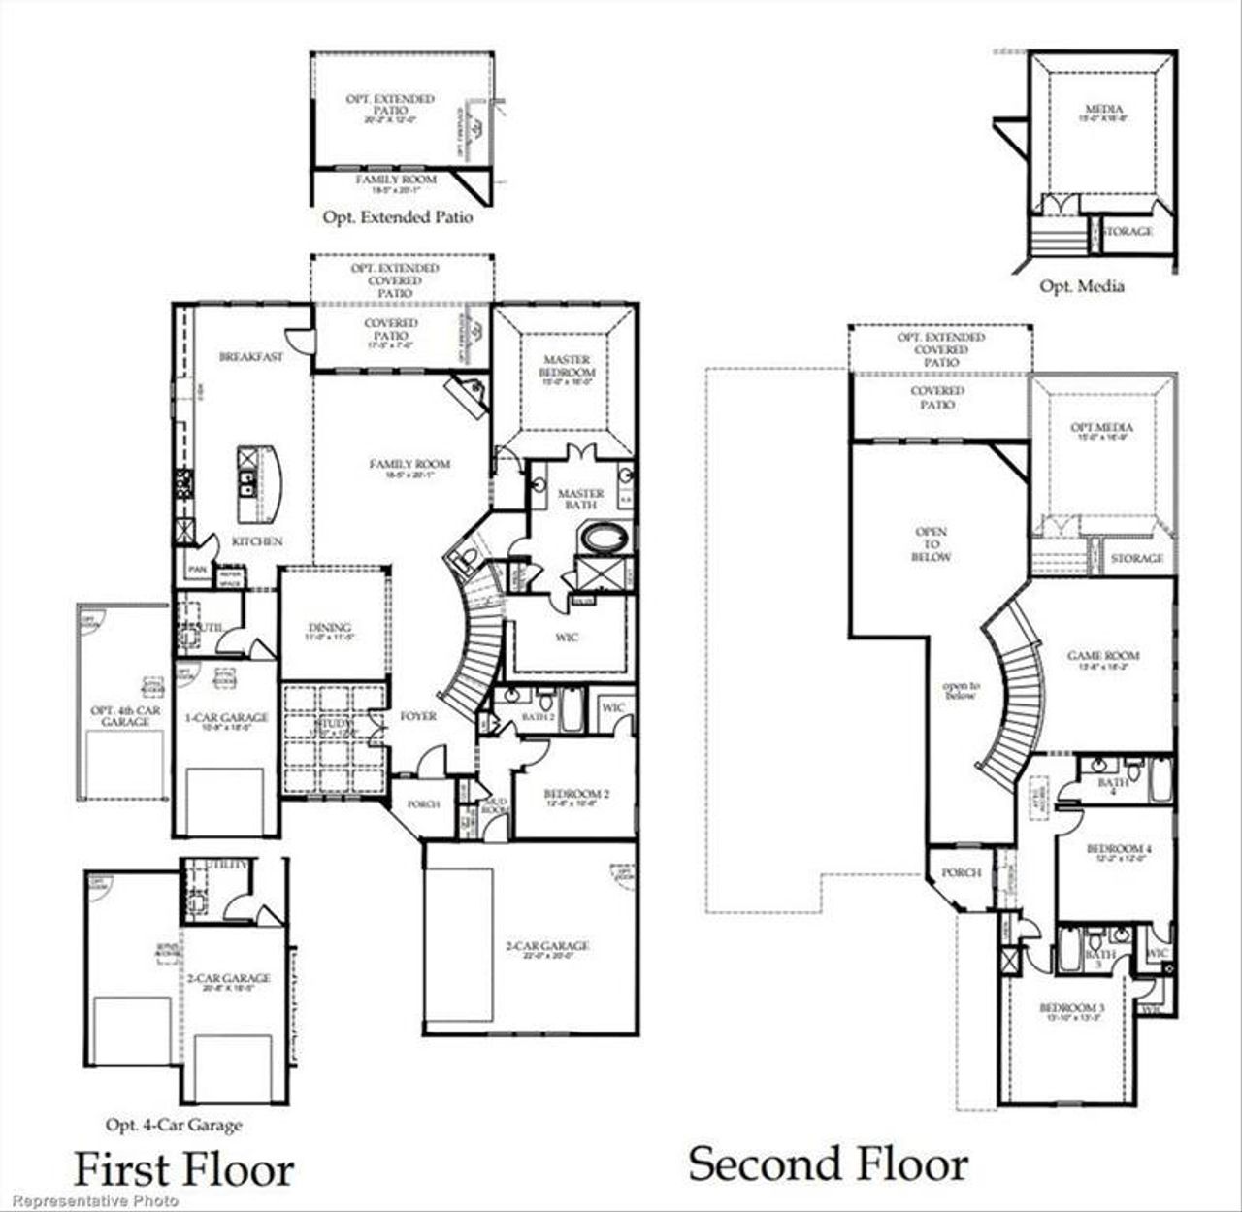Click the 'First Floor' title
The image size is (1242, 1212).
point(183,1169)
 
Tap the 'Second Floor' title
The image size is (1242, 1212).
point(828,1163)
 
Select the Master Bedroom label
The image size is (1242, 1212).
point(568,366)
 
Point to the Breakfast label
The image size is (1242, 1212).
point(250,356)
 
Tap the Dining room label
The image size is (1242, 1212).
point(329,628)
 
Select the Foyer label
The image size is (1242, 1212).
point(418,716)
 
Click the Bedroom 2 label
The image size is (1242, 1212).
point(575,794)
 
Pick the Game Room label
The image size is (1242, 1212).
point(1103,656)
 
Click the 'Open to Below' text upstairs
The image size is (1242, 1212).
point(931,544)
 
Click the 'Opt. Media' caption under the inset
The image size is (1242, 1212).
point(1081,285)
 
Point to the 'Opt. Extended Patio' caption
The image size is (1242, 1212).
point(398,217)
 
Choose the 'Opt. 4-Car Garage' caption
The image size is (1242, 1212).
point(174,1125)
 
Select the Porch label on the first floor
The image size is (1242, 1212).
point(423,804)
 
